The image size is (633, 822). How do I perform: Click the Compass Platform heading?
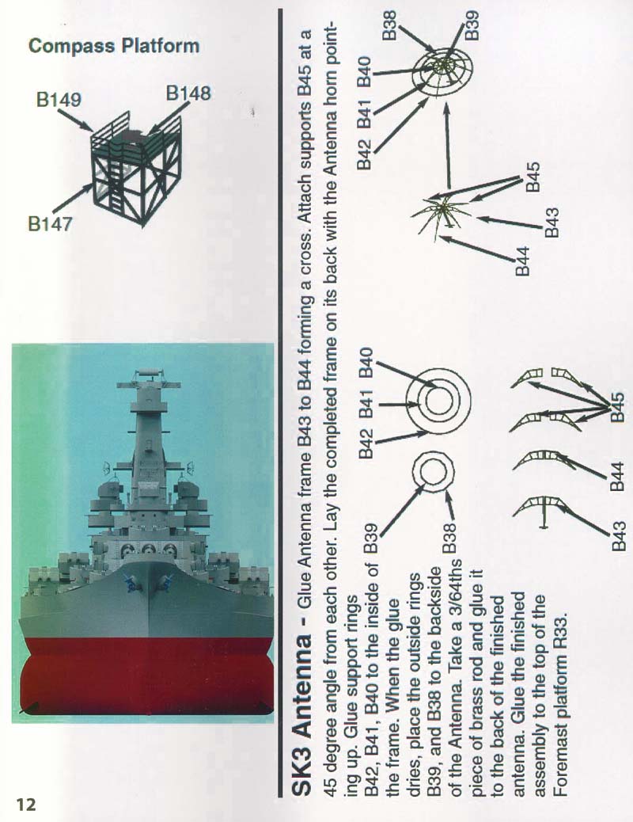[x=114, y=46]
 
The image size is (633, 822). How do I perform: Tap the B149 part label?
[x=59, y=99]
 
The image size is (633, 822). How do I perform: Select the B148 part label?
[x=188, y=93]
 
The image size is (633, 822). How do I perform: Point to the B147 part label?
[x=50, y=224]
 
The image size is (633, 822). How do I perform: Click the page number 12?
[x=26, y=804]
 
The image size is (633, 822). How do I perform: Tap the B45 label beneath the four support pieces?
[x=618, y=407]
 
